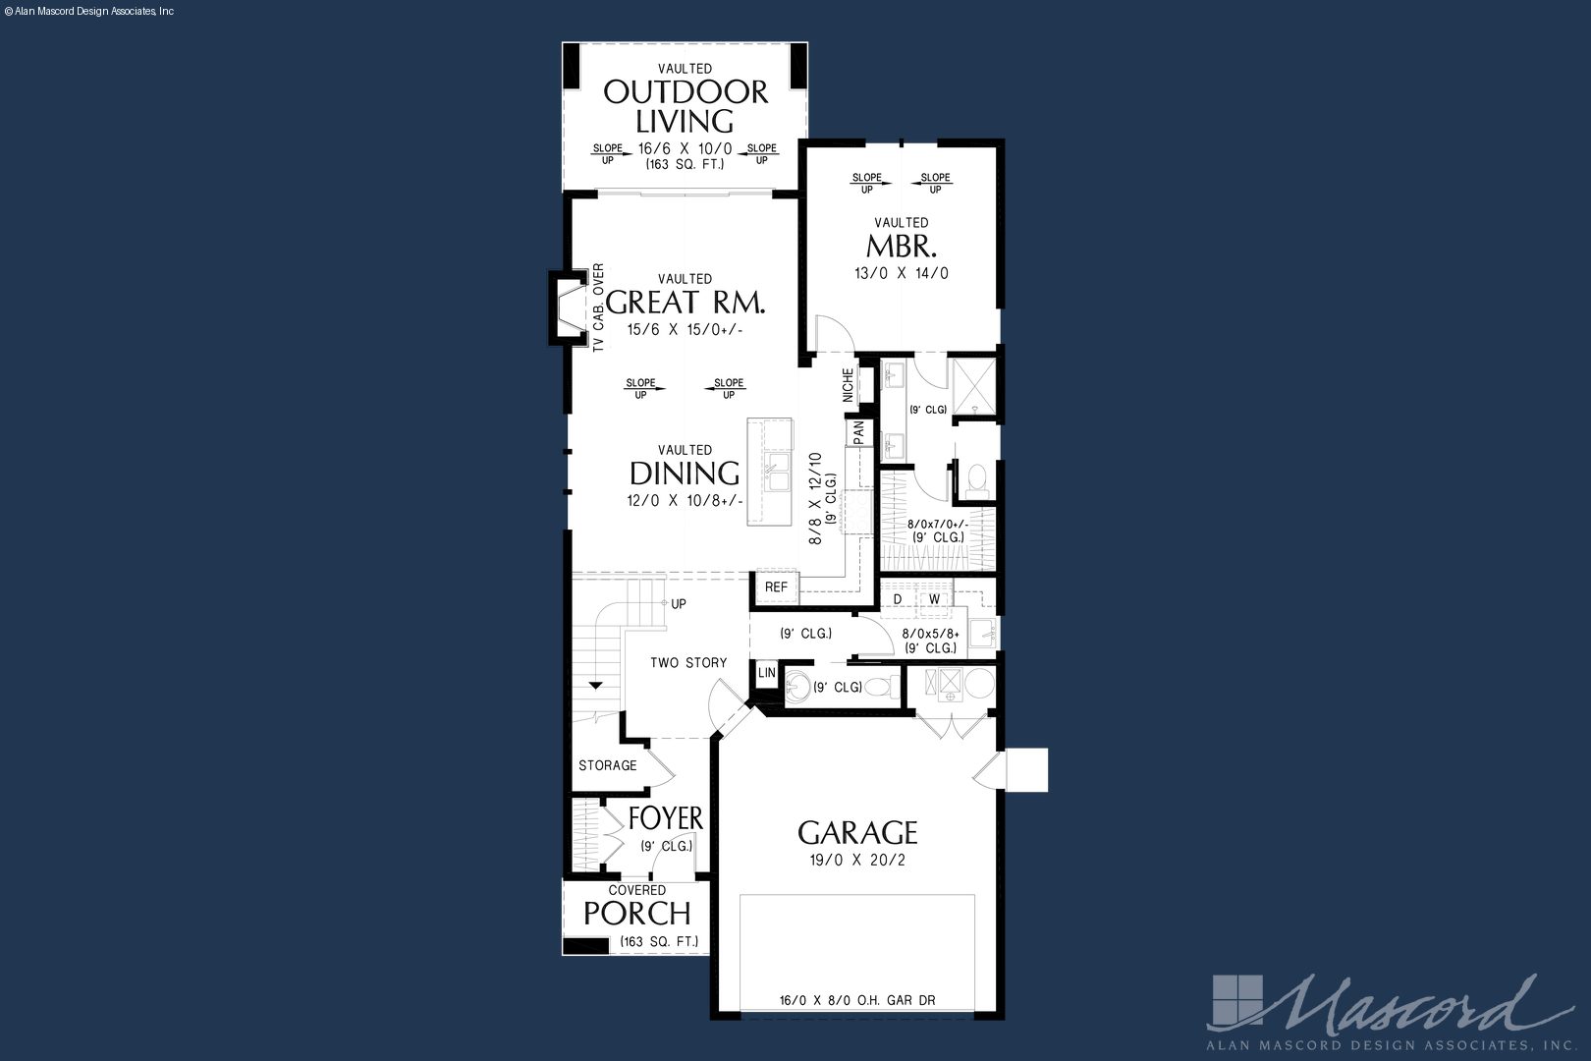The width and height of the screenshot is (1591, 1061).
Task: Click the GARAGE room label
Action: click(857, 832)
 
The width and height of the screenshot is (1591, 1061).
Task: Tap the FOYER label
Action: click(666, 818)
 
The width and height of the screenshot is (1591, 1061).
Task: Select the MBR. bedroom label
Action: click(902, 247)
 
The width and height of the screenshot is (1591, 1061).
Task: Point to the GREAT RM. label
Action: click(686, 302)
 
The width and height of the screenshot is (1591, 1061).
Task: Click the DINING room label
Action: click(685, 474)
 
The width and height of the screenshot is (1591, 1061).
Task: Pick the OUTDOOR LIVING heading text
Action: click(686, 107)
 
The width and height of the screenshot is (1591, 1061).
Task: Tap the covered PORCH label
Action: click(637, 914)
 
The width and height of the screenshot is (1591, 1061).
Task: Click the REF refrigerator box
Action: click(776, 587)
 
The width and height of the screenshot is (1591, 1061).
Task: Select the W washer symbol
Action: click(935, 600)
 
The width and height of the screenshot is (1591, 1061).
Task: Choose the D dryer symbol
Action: click(898, 600)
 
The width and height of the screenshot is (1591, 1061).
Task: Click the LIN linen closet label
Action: click(766, 672)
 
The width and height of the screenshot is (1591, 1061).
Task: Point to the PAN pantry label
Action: click(858, 433)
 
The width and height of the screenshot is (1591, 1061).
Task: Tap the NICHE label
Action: click(849, 385)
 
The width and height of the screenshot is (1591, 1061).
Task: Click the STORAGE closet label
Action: click(607, 765)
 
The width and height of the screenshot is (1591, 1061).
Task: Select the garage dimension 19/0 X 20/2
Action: click(857, 860)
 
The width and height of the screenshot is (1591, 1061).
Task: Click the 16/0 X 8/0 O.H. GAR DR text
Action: click(857, 1001)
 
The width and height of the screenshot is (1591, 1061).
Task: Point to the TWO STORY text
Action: click(688, 662)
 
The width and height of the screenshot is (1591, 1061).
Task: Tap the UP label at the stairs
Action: click(679, 604)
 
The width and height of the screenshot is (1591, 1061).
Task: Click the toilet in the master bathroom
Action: click(977, 481)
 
